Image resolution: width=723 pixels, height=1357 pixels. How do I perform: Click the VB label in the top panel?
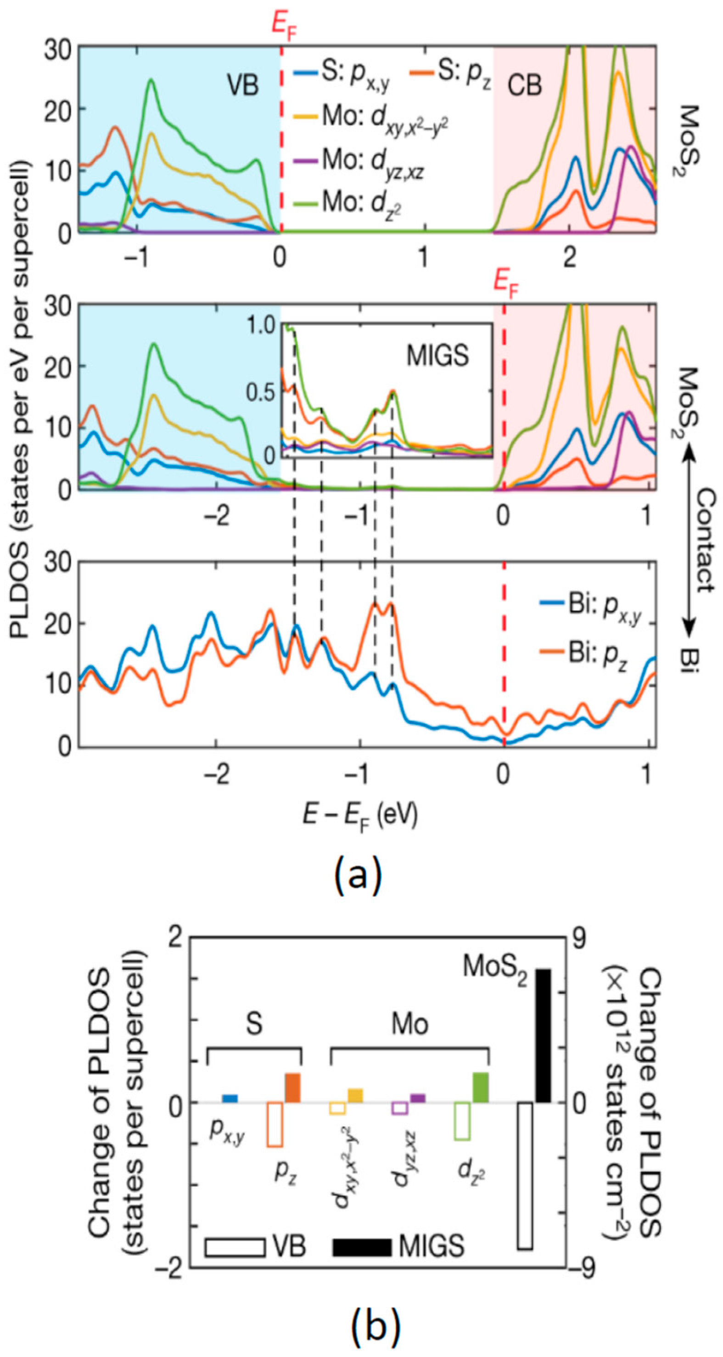pyautogui.click(x=243, y=84)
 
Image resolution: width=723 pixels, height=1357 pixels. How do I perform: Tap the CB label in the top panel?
pyautogui.click(x=524, y=85)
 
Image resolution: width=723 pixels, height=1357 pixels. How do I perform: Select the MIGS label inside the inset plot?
pyautogui.click(x=437, y=356)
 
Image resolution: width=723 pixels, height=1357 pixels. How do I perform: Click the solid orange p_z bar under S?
pyautogui.click(x=292, y=1073)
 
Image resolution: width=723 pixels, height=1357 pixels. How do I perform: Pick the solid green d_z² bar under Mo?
pyautogui.click(x=481, y=1072)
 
